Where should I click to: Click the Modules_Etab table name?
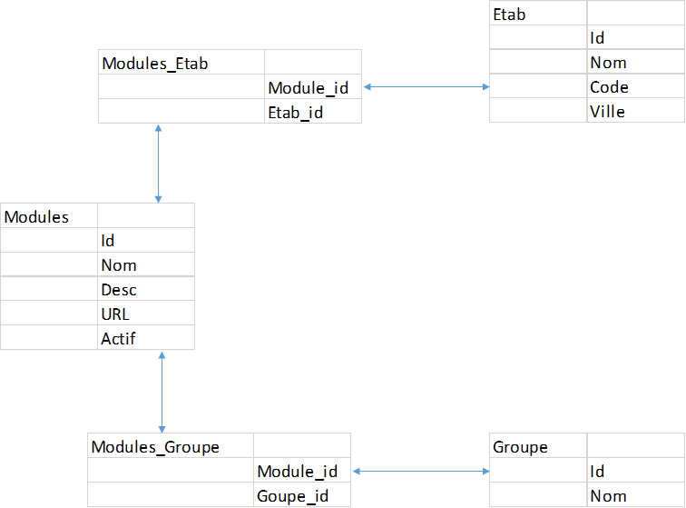[155, 64]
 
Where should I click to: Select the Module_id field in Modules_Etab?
[309, 88]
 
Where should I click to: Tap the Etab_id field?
[296, 113]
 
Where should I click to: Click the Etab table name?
[509, 15]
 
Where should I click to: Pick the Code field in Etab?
[609, 87]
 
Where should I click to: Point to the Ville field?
[607, 112]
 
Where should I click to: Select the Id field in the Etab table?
[597, 38]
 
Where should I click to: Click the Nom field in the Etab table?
[609, 63]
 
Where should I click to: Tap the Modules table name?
[36, 217]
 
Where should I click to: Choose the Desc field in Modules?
[119, 290]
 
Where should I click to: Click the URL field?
[115, 314]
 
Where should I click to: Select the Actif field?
[118, 339]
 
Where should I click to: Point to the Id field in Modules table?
[108, 241]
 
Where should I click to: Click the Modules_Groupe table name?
[155, 447]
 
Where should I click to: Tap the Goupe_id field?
[293, 496]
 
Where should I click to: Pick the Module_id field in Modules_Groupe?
[298, 472]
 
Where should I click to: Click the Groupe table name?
[520, 447]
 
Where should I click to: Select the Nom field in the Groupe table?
[609, 496]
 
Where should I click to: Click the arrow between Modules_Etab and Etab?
[426, 86]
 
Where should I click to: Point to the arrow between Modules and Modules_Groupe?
[162, 393]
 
